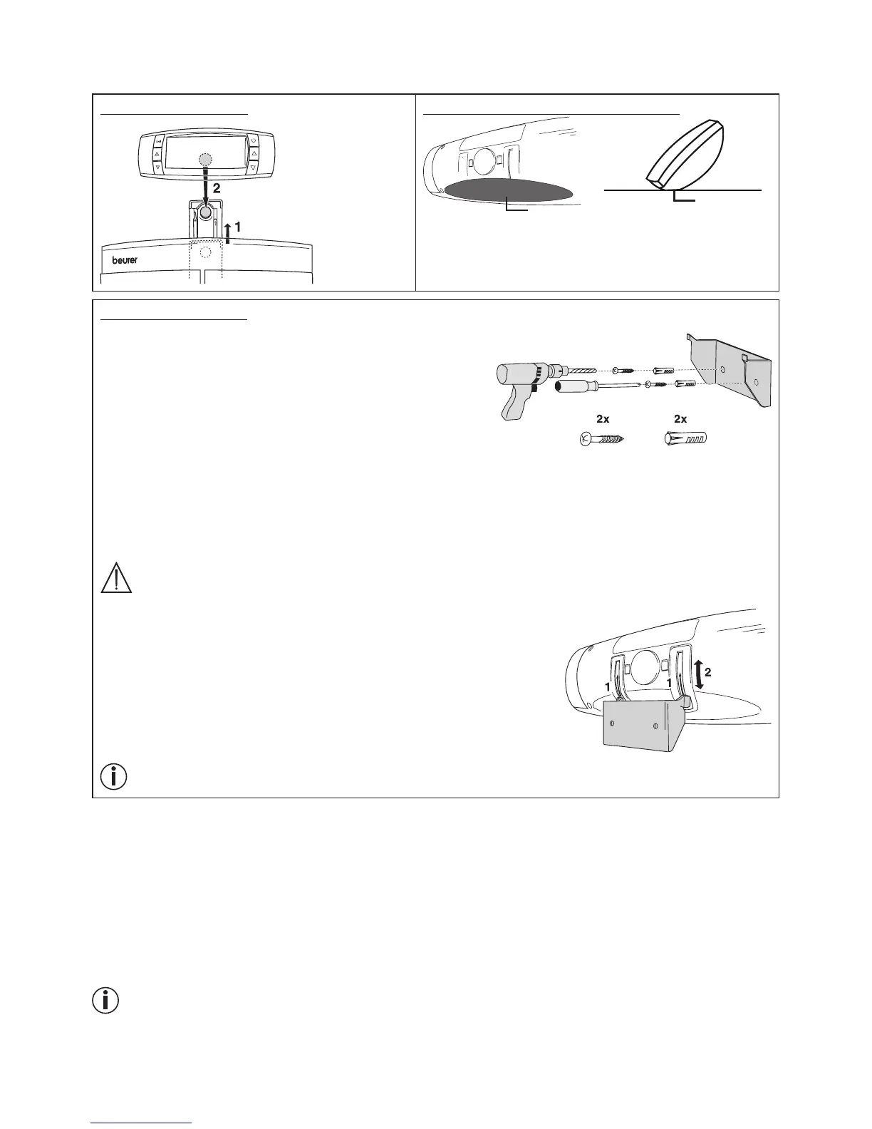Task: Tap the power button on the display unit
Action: (252, 140)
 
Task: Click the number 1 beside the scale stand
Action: (237, 225)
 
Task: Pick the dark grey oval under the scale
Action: (509, 191)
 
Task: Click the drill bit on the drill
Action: (583, 370)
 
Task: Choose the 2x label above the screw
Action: (603, 419)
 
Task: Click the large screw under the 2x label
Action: (601, 438)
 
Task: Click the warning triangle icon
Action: (116, 577)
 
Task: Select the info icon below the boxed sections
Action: (106, 1001)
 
